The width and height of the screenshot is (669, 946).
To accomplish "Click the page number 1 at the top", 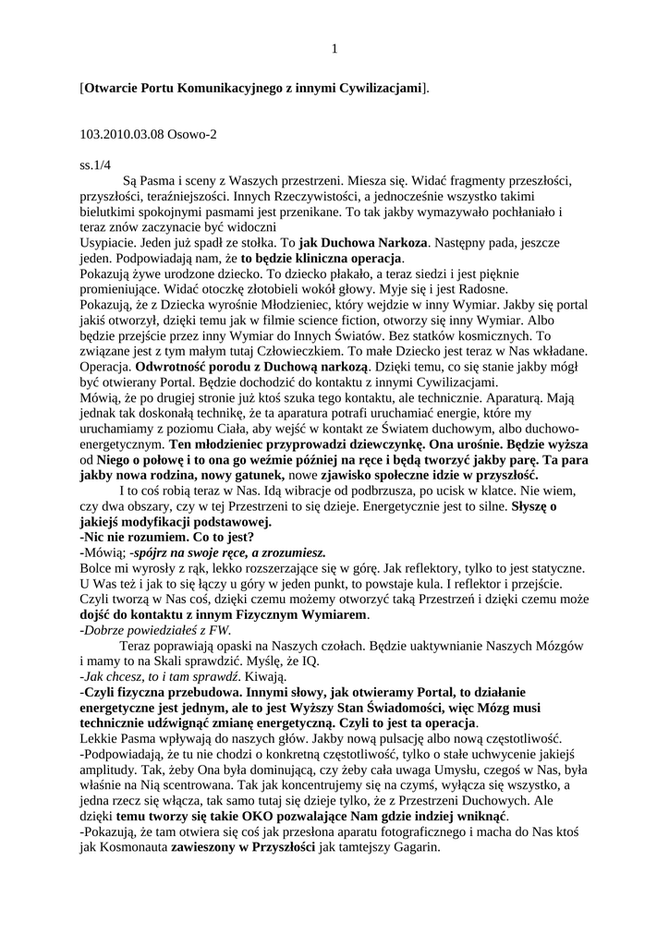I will coord(334,49).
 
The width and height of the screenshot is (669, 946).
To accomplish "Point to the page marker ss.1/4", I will coord(97,165).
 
